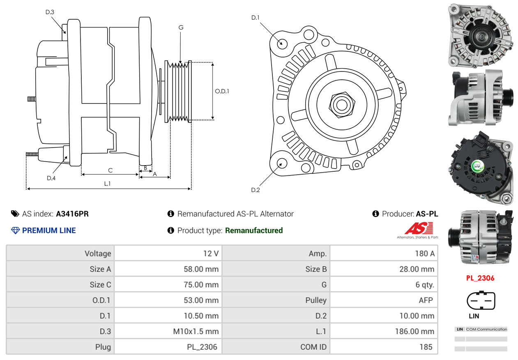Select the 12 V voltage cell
point(211,254)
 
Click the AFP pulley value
point(426,300)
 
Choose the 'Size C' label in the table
point(100,285)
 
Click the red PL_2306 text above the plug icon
point(480,278)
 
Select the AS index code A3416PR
point(72,214)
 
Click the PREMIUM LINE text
point(49,231)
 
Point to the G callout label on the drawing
point(181,28)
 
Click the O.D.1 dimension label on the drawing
point(222,91)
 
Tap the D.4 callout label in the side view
point(51,178)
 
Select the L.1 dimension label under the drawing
point(107,184)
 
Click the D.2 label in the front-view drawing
point(255,190)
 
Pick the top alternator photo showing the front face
point(480,35)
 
